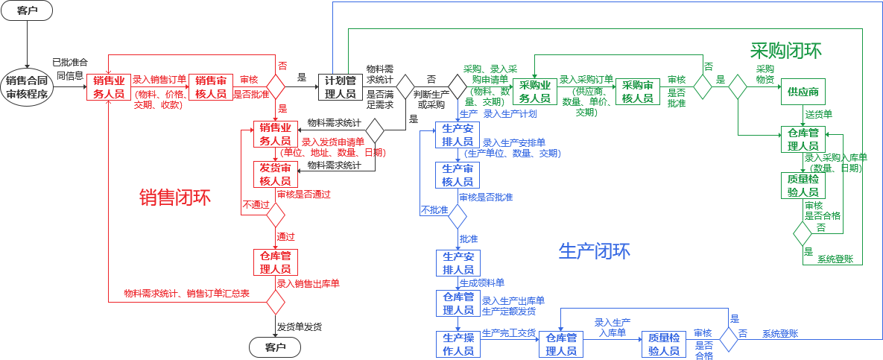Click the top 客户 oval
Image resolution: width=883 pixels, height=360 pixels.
(x=27, y=11)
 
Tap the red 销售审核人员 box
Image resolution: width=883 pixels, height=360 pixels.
(x=212, y=87)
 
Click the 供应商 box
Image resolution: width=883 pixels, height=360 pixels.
(x=803, y=92)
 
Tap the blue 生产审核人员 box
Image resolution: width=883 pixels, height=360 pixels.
(x=458, y=175)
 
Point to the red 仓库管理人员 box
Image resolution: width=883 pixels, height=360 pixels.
(x=276, y=262)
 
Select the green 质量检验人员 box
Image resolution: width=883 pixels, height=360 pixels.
(x=803, y=184)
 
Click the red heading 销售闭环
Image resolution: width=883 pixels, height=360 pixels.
(x=175, y=198)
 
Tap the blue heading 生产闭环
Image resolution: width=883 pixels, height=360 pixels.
(x=594, y=251)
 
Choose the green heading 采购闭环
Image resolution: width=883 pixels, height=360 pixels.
(x=785, y=51)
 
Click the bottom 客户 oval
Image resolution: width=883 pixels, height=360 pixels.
(x=275, y=347)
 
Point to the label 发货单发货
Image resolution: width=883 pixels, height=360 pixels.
(x=300, y=326)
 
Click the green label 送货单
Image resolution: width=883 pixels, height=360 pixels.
(x=818, y=114)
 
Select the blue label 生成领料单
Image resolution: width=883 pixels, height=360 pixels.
(x=481, y=283)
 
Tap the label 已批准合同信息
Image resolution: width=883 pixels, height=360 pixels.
(x=70, y=69)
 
